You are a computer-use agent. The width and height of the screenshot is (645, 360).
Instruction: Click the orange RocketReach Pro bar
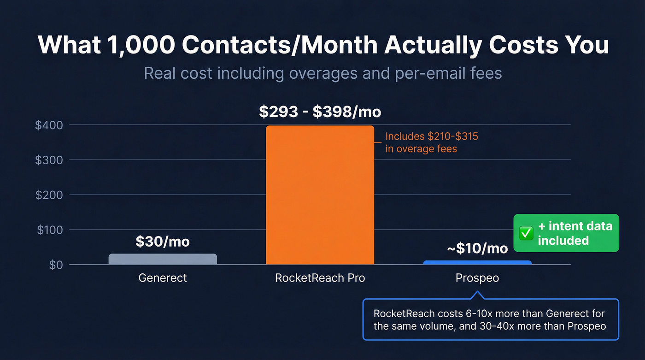tap(320, 195)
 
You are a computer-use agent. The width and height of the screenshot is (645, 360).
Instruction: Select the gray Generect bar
tap(163, 259)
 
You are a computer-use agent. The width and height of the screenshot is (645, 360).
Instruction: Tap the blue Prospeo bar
tap(477, 262)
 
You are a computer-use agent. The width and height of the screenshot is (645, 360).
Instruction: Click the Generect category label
tap(163, 278)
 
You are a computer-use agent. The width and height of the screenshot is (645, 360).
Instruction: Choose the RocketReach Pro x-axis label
tap(320, 278)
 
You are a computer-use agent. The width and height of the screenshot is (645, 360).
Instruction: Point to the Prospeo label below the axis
tap(477, 278)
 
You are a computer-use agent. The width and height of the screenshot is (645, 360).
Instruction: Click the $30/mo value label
tap(163, 242)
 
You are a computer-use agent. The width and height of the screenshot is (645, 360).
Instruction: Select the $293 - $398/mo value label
tap(320, 112)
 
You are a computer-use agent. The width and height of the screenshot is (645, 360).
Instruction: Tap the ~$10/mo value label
tap(477, 248)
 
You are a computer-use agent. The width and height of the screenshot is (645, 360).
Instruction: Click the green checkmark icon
tap(526, 233)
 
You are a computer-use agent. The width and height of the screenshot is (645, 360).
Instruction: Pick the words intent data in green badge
tap(580, 226)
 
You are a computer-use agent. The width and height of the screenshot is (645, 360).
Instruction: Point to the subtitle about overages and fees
tap(322, 73)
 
